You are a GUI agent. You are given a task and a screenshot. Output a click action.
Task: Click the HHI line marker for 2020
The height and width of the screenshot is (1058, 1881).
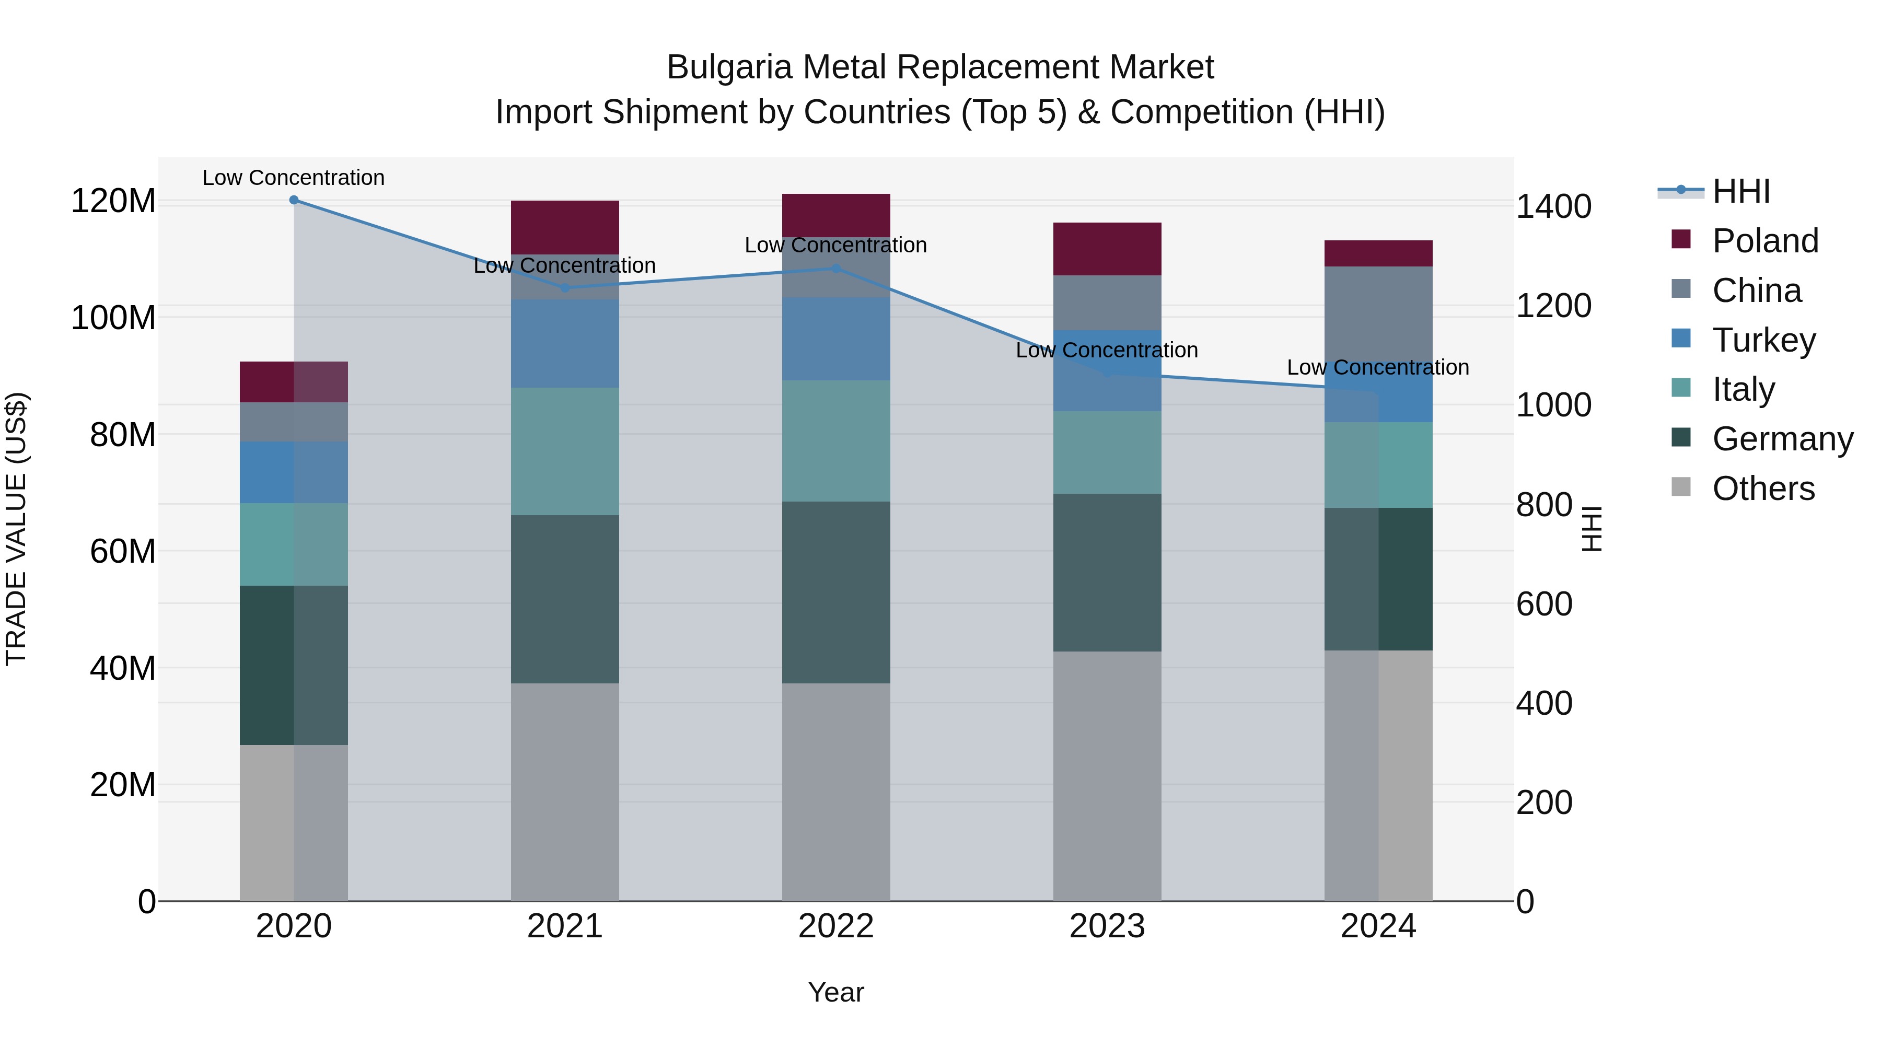294,200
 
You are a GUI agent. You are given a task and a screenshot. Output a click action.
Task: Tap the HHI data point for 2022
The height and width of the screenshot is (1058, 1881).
836,268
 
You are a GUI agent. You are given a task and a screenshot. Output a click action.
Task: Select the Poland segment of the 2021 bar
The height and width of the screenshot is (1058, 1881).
564,227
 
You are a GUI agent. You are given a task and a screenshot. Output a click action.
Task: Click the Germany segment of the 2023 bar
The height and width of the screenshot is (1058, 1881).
1107,573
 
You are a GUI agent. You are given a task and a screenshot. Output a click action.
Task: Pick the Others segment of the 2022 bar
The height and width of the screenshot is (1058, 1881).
836,792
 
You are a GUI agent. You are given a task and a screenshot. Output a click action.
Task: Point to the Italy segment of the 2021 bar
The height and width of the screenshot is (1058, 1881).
564,451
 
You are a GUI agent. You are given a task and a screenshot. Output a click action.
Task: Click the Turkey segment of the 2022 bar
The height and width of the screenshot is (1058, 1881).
836,339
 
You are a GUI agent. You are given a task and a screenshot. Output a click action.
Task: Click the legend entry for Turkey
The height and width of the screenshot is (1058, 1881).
1763,340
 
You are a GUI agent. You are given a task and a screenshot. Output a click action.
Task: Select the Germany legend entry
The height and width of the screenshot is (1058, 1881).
1782,439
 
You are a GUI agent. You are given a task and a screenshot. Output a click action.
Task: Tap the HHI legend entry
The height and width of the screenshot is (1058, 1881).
1741,191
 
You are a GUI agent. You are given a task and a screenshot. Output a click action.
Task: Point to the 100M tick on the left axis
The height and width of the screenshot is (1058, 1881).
113,318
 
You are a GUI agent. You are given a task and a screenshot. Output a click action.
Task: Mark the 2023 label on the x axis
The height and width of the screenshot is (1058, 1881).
1107,926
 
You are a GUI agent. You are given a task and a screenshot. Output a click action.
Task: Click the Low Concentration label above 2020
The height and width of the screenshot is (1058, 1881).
294,178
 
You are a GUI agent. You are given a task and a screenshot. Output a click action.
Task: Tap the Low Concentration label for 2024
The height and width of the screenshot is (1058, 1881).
1378,367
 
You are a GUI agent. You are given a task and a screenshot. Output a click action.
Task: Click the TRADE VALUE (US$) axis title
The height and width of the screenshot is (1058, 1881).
16,529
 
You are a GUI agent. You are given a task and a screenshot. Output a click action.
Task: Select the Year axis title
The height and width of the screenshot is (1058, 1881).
836,992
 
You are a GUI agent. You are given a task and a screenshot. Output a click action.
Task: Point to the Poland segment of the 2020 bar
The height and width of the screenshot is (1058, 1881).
294,381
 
